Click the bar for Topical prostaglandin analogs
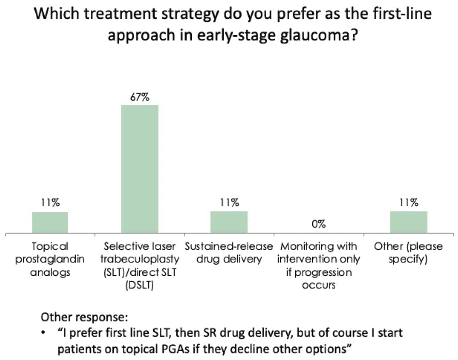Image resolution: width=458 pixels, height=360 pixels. (50, 222)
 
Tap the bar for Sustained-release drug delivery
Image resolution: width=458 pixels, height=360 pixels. (229, 222)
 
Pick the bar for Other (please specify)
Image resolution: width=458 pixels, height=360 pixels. (409, 222)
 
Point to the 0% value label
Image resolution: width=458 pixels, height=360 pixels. (318, 224)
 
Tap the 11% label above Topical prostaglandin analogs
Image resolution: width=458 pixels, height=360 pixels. (50, 203)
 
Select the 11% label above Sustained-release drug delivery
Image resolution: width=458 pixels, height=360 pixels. (229, 203)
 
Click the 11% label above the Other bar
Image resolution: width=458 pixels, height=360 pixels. (409, 203)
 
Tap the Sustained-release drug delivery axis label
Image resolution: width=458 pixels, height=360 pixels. (229, 252)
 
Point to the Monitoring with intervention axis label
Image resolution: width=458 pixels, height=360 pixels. (318, 259)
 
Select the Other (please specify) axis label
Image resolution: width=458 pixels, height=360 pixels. (409, 252)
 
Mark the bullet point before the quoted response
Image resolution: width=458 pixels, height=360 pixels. (44, 333)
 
